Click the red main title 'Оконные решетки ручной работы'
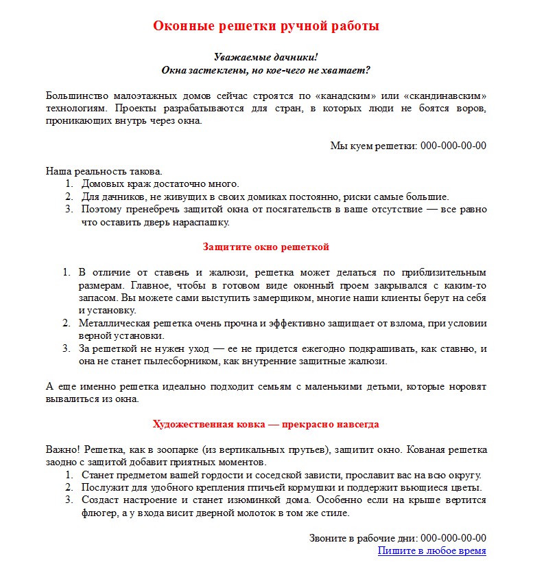click(266, 26)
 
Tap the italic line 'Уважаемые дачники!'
click(266, 57)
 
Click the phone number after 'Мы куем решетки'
click(453, 145)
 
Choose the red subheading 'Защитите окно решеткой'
click(266, 246)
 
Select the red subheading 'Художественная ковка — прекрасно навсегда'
click(266, 424)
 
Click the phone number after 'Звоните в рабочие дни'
click(453, 538)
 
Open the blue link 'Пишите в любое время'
click(431, 550)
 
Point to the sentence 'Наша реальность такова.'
click(104, 171)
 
